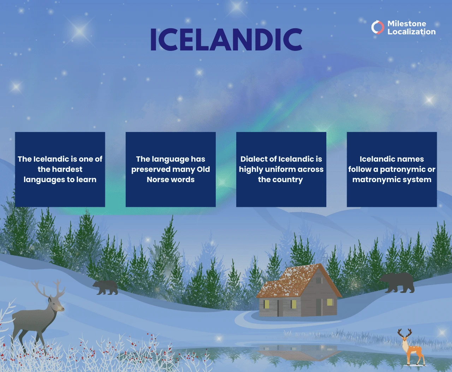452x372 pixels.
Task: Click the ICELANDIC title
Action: click(x=226, y=39)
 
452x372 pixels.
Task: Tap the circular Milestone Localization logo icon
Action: click(x=377, y=27)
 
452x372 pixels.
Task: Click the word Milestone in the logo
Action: click(x=406, y=24)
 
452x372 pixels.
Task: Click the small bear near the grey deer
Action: click(x=105, y=287)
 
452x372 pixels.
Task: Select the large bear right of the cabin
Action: click(x=398, y=282)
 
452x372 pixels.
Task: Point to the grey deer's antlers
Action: click(x=49, y=289)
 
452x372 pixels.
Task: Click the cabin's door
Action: click(x=319, y=307)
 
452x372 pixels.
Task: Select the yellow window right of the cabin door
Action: click(x=330, y=302)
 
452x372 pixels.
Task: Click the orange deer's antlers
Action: click(x=405, y=333)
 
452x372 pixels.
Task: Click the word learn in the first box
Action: click(x=86, y=180)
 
